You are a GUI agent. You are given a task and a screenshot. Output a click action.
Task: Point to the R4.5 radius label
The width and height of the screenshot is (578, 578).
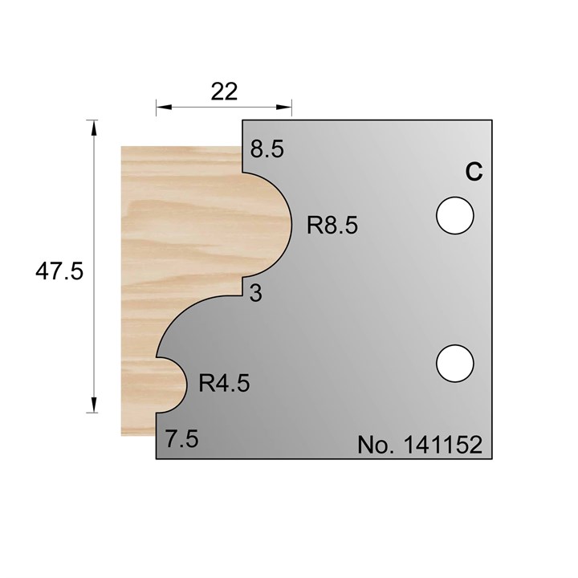point(224,383)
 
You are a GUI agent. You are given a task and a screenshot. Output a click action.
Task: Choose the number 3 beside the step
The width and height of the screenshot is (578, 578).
point(256,294)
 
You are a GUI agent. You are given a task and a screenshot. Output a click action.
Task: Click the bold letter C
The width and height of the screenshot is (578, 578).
point(474,172)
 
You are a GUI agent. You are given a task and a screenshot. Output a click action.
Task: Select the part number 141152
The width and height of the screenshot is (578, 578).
point(438,446)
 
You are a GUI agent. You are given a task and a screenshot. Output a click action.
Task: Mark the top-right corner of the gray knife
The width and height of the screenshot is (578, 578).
point(491,121)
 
